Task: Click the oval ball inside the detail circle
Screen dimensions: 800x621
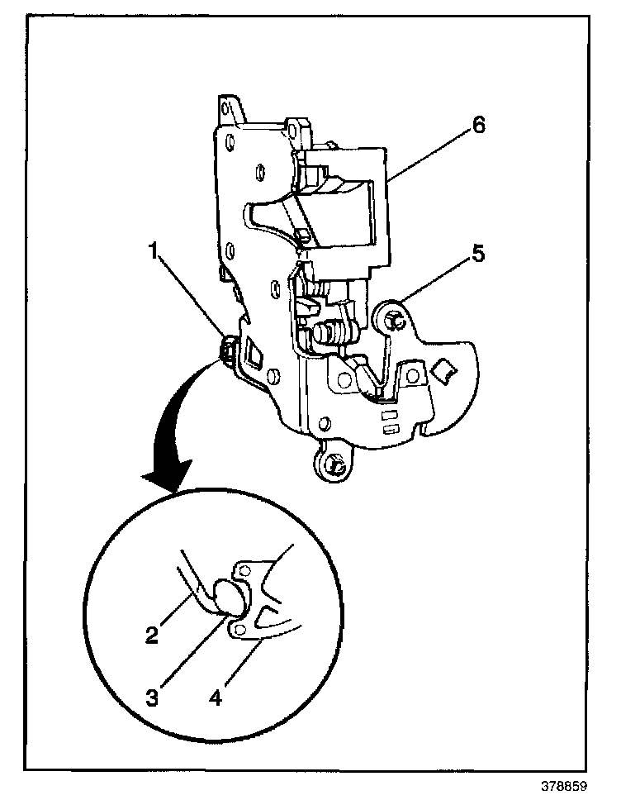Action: [x=228, y=597]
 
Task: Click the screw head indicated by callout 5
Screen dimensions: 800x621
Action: [x=391, y=318]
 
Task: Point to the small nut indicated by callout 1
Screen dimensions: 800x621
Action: [x=226, y=348]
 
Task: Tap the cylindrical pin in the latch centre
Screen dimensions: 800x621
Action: [x=324, y=333]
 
